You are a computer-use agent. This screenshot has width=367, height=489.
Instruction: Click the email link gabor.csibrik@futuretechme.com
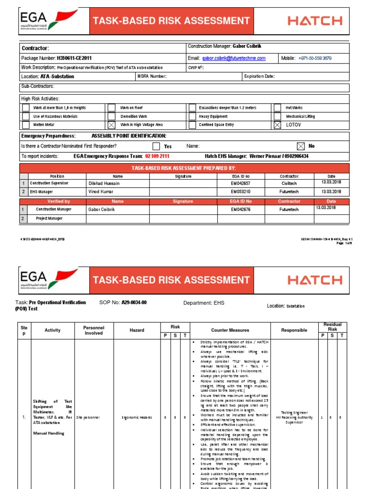(234, 58)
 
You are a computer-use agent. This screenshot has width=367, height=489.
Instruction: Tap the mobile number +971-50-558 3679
(314, 58)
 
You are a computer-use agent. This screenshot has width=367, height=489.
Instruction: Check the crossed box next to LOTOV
(277, 125)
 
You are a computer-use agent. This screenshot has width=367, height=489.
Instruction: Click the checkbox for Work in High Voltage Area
(111, 125)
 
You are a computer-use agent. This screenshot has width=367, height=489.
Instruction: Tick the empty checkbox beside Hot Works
(277, 108)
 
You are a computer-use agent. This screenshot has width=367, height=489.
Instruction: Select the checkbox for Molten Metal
(26, 125)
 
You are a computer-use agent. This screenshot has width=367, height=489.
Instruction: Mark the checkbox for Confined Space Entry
(191, 125)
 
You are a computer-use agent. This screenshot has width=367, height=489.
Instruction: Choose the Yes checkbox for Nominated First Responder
(156, 146)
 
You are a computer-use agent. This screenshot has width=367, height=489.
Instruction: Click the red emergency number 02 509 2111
(157, 156)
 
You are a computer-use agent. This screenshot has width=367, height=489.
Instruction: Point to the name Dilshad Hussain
(104, 183)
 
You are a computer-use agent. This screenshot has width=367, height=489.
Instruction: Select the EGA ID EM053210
(240, 191)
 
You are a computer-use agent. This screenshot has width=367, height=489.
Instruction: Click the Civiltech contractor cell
(289, 183)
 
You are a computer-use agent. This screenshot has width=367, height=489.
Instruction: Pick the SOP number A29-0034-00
(134, 303)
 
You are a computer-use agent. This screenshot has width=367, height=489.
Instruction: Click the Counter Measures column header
(230, 330)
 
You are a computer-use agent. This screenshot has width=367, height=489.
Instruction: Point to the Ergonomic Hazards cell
(137, 417)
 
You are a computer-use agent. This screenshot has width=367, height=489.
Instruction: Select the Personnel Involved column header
(94, 330)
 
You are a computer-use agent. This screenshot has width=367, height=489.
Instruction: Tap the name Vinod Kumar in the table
(101, 191)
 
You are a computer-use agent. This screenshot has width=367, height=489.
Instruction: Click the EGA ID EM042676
(240, 209)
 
